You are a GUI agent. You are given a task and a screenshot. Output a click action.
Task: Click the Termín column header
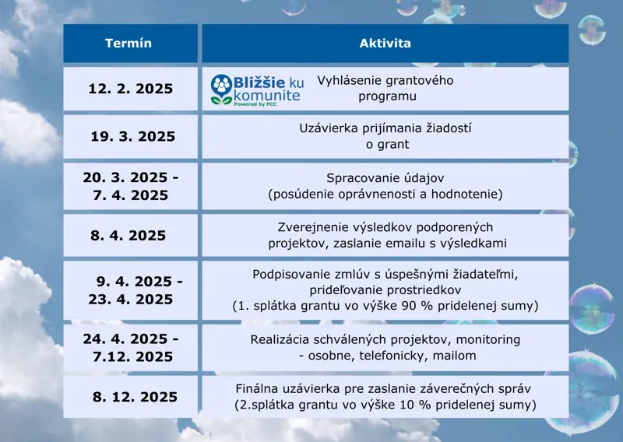(x=128, y=43)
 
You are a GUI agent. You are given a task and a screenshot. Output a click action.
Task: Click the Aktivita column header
(x=385, y=43)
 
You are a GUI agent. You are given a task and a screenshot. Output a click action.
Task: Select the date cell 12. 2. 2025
(x=130, y=89)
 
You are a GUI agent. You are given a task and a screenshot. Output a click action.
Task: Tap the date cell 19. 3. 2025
(x=132, y=136)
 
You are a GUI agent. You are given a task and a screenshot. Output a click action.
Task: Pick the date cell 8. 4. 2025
(x=128, y=235)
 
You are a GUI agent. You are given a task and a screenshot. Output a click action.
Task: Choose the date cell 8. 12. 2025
(x=135, y=397)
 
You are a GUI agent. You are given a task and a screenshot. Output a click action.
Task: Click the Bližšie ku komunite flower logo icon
(x=221, y=89)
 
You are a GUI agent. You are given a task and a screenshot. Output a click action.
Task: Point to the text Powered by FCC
(x=255, y=104)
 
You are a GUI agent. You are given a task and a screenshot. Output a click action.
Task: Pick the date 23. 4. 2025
(x=130, y=300)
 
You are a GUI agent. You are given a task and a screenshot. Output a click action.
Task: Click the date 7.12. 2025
(x=132, y=356)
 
